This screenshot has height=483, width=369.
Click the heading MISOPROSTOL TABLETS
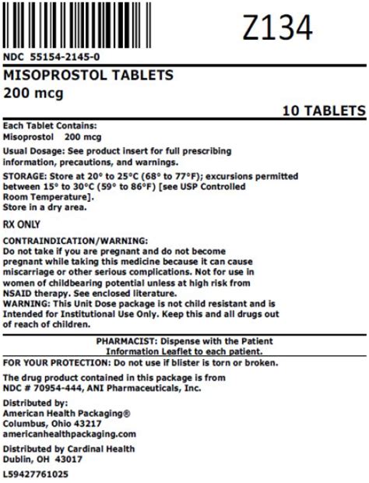[90, 76]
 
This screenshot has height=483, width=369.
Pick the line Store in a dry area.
[45, 207]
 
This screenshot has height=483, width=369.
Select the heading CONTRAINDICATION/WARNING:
[76, 241]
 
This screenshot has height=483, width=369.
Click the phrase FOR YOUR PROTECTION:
[57, 362]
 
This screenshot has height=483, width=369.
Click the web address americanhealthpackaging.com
[69, 433]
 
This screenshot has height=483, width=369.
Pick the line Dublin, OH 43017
[43, 459]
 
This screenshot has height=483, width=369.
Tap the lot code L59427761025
[36, 474]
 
